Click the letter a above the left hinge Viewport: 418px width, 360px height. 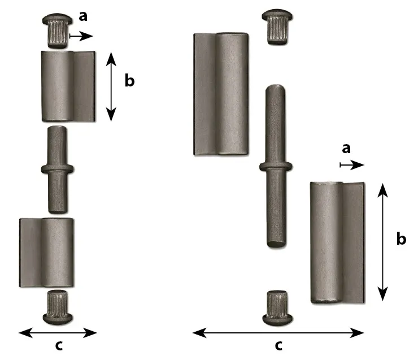click(83, 16)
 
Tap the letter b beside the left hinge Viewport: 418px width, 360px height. click(129, 80)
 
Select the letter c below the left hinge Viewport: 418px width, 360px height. click(59, 346)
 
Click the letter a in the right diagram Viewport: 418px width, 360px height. click(346, 148)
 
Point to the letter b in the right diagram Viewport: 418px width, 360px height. click(401, 238)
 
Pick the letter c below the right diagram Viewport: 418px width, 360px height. click(278, 346)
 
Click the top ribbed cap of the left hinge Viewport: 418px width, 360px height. click(57, 31)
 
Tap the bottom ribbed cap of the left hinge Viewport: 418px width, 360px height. click(58, 307)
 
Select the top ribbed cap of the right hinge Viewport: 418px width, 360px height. click(277, 27)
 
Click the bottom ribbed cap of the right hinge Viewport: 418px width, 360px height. click(277, 308)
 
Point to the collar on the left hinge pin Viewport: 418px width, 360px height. click(57, 169)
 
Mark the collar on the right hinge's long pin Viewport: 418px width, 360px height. click(276, 167)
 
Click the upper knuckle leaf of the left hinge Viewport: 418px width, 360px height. click(68, 86)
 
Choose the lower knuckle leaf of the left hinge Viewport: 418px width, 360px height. click(46, 253)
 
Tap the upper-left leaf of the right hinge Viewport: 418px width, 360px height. click(221, 94)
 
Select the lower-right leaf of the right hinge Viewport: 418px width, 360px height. click(337, 242)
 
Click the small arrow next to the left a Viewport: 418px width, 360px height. click(81, 36)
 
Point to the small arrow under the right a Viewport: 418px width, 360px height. click(352, 165)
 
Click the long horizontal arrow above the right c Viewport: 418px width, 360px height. click(278, 333)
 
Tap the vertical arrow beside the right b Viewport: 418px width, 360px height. click(383, 242)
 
